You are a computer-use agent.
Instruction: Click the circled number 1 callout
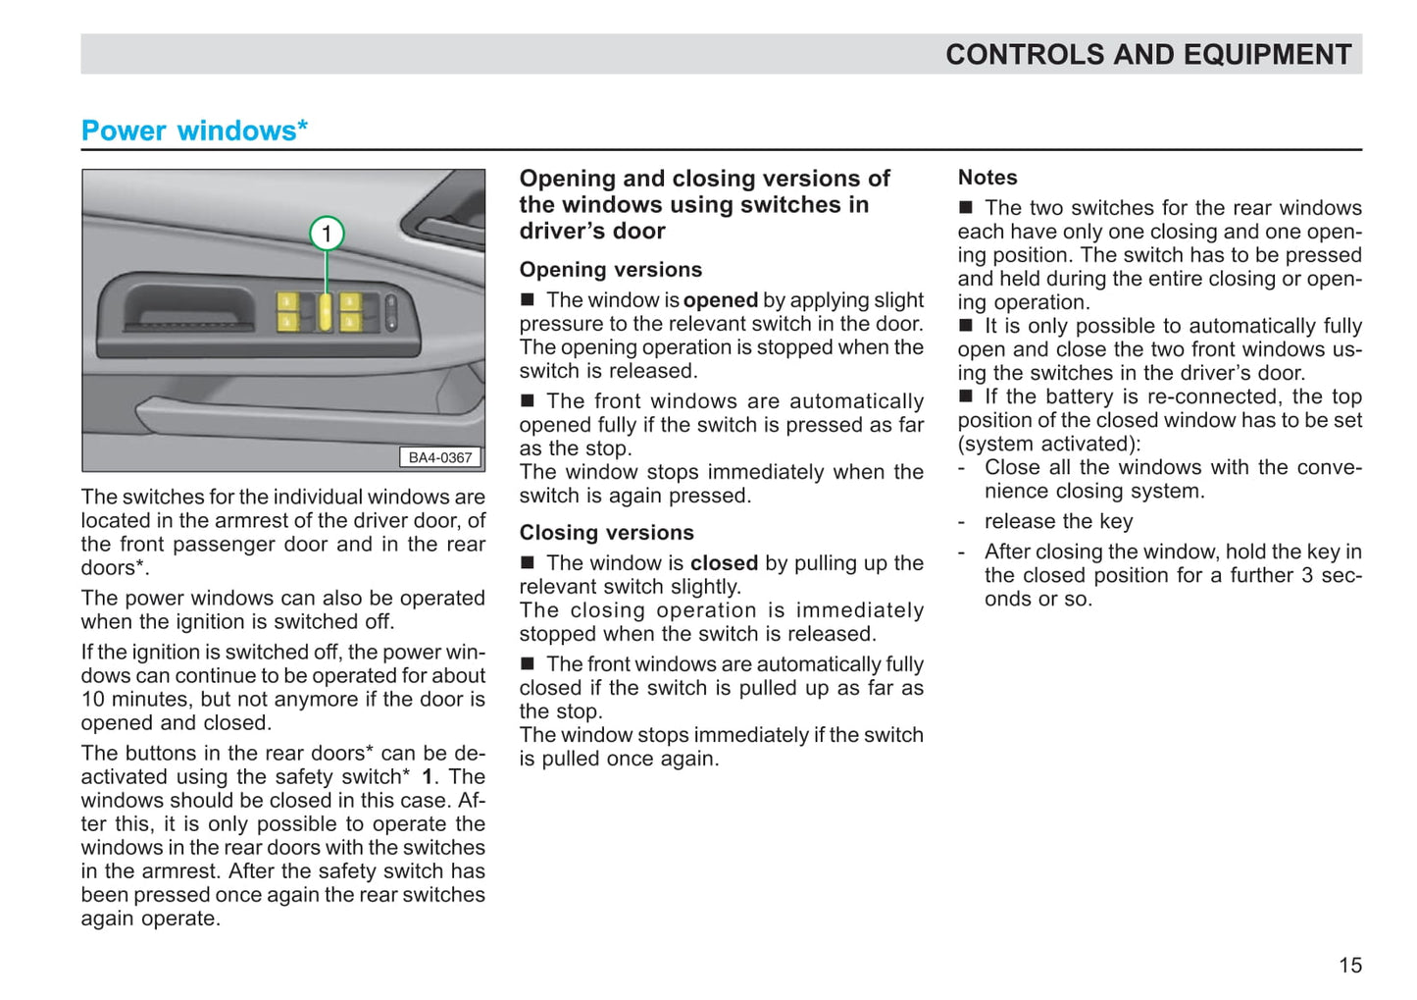coord(327,234)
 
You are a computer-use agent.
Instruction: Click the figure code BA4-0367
coord(440,457)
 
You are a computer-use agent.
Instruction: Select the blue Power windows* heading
coord(194,131)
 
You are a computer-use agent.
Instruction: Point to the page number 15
coord(1350,966)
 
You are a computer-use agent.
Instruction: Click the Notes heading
coord(987,178)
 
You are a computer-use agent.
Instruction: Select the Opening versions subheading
coord(610,270)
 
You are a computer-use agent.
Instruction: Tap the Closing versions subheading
coord(606,533)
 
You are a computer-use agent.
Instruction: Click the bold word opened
coord(721,300)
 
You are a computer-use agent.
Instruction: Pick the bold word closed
coord(724,563)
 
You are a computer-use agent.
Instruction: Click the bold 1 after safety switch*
coord(428,777)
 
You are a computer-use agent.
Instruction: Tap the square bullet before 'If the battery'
coord(966,396)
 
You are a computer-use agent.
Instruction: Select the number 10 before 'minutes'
coord(93,700)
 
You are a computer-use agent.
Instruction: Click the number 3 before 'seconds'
coord(1307,575)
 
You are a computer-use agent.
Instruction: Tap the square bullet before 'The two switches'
coord(966,208)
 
